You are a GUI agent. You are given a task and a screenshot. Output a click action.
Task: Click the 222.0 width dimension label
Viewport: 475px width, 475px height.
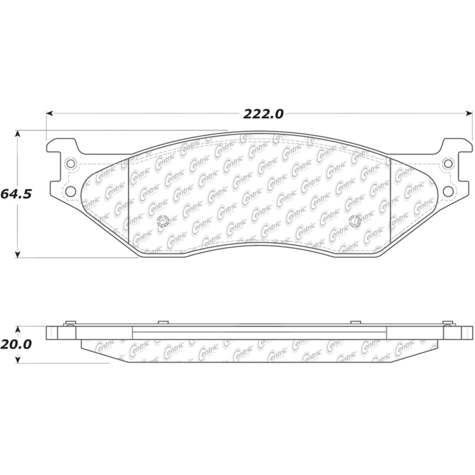pyautogui.click(x=263, y=114)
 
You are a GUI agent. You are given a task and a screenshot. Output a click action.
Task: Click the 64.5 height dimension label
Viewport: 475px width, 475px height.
pyautogui.click(x=16, y=194)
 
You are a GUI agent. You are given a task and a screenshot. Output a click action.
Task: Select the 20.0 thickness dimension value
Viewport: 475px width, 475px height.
pyautogui.click(x=16, y=344)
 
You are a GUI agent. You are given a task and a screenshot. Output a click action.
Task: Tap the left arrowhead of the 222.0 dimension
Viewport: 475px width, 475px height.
pyautogui.click(x=50, y=113)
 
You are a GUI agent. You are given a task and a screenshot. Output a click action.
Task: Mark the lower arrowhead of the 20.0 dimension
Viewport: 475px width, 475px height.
pyautogui.click(x=17, y=359)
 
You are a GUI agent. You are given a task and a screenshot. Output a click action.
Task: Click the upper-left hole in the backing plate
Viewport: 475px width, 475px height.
pyautogui.click(x=71, y=163)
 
